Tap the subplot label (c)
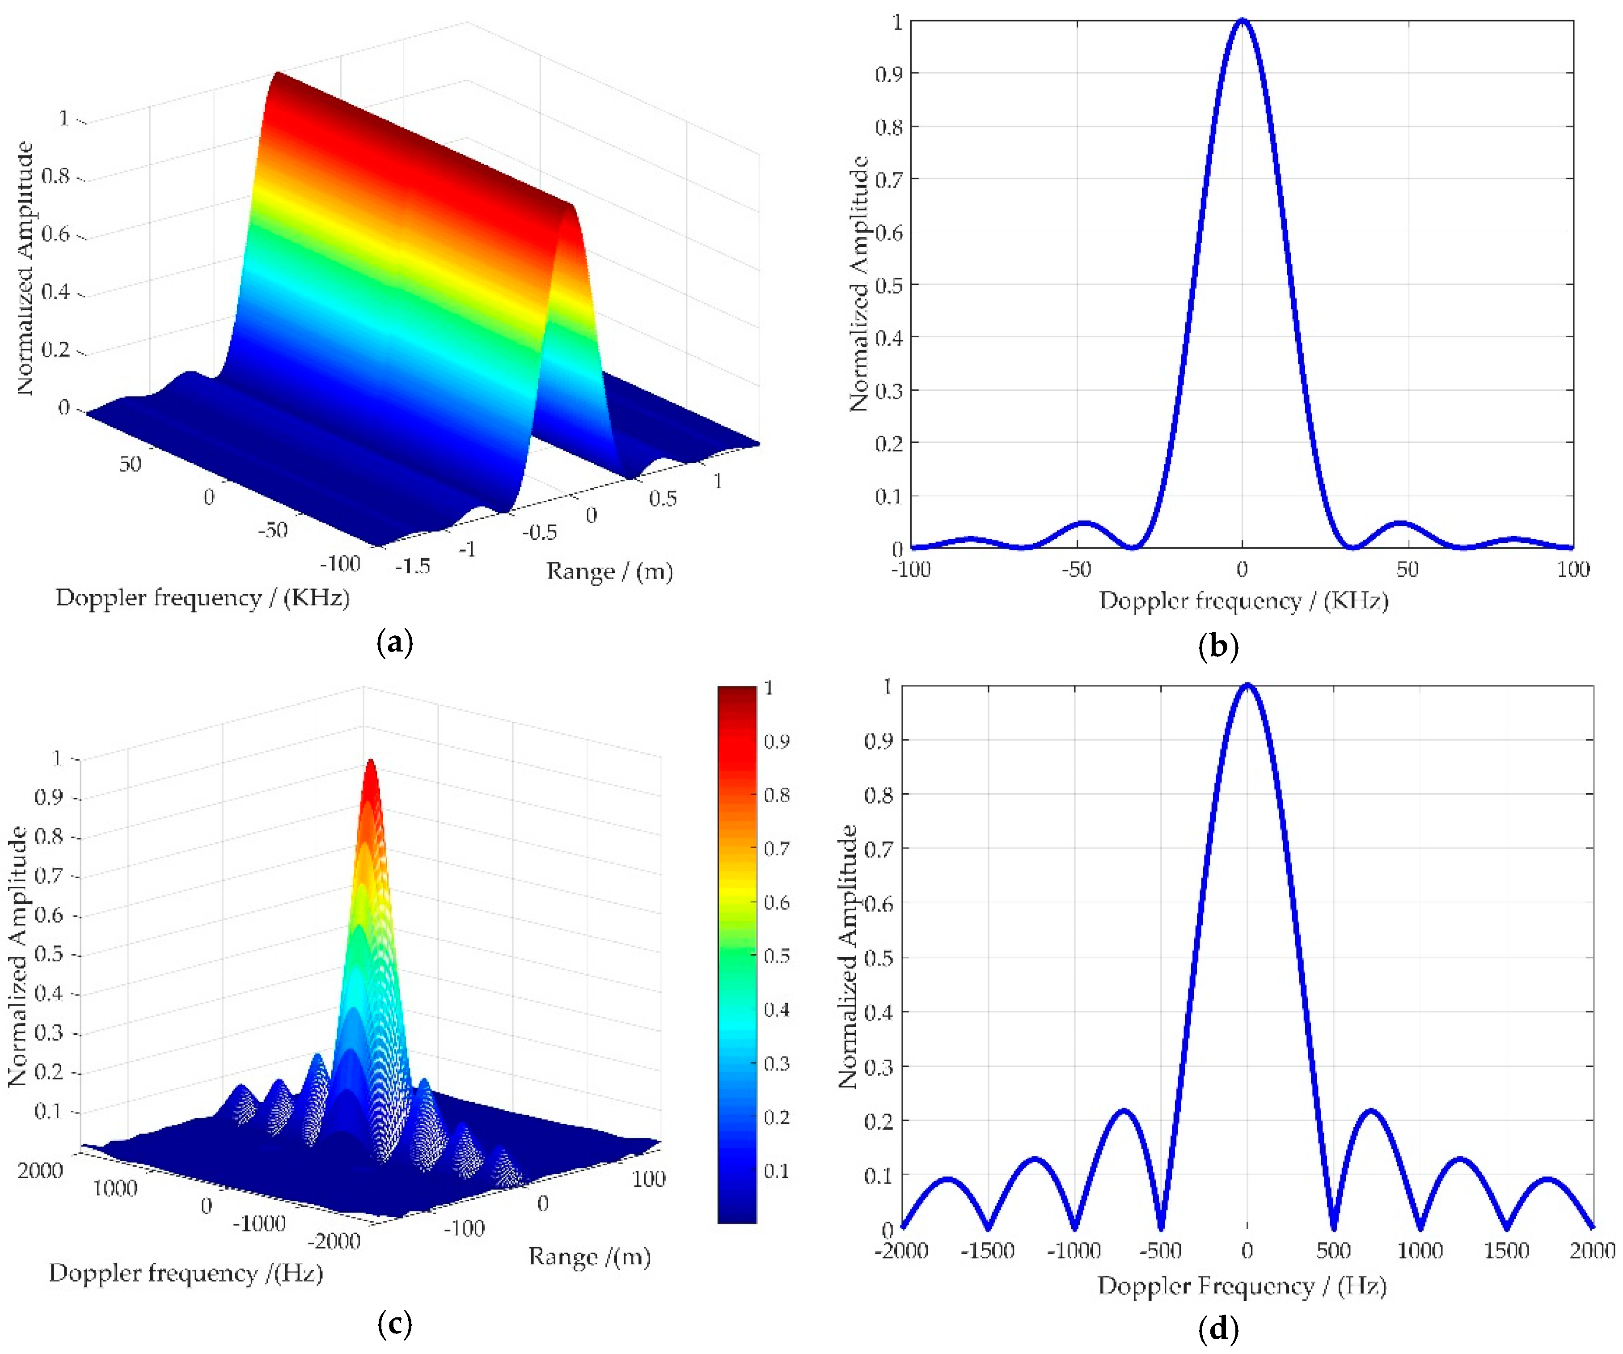click(x=394, y=1324)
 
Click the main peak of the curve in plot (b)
click(x=1242, y=21)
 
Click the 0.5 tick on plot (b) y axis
click(x=889, y=285)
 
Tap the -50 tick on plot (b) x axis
click(x=1076, y=570)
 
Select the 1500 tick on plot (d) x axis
click(x=1505, y=1250)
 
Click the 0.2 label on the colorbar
click(x=776, y=1117)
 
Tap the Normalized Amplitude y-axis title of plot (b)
click(x=858, y=283)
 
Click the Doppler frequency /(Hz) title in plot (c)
click(x=186, y=1274)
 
